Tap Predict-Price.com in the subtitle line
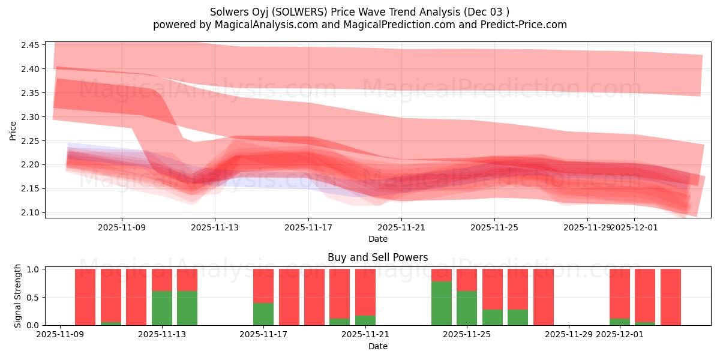click(520, 25)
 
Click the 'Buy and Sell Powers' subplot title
click(377, 257)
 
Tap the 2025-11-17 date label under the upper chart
click(308, 227)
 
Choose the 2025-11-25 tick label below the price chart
click(494, 227)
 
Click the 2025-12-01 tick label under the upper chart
click(635, 227)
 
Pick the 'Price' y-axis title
click(13, 131)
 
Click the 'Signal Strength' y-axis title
click(18, 296)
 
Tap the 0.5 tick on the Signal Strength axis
click(34, 297)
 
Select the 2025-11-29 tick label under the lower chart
click(569, 335)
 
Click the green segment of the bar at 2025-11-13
click(162, 308)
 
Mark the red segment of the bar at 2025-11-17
click(263, 286)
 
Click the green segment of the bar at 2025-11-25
click(467, 308)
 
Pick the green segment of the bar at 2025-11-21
click(365, 320)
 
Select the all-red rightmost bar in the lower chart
click(670, 297)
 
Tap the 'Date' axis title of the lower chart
click(377, 346)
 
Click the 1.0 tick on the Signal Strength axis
click(34, 269)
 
